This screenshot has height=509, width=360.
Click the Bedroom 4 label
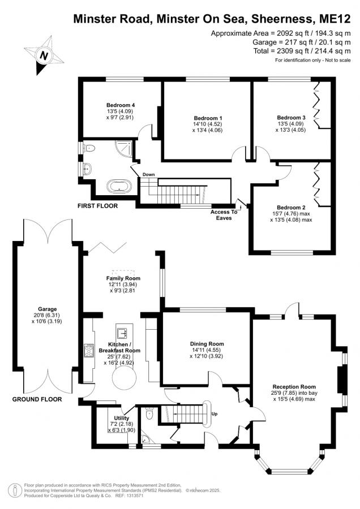(121, 105)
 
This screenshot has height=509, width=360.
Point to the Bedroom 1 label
(208, 118)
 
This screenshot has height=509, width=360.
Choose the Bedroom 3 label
(291, 118)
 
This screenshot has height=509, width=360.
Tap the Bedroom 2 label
(291, 208)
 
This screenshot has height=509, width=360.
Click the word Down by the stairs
(149, 175)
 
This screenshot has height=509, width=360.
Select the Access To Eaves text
(224, 215)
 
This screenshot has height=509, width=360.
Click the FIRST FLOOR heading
(97, 206)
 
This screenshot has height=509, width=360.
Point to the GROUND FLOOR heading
(37, 399)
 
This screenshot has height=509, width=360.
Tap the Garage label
(48, 309)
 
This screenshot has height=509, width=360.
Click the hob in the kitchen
(89, 350)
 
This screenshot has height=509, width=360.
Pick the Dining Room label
(207, 344)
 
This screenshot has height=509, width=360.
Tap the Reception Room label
(294, 387)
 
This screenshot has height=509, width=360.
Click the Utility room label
(122, 418)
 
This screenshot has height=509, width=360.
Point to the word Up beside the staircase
(215, 414)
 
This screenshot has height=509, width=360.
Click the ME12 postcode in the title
(335, 19)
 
